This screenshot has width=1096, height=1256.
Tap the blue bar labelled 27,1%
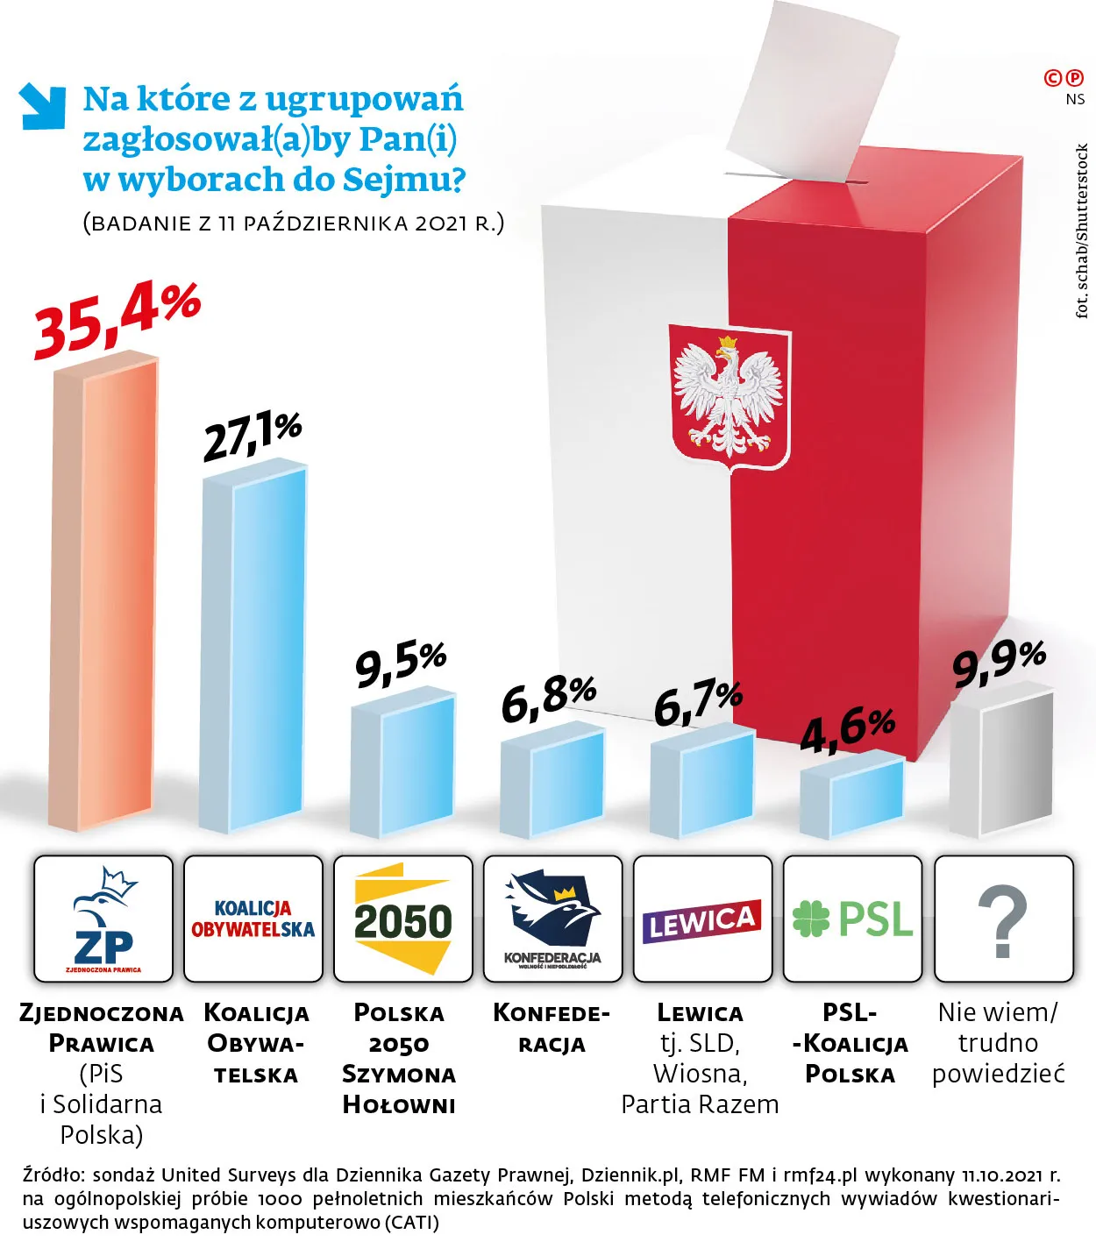pyautogui.click(x=254, y=649)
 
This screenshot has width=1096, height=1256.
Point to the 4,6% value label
pyautogui.click(x=847, y=730)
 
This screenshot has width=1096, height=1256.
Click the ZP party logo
pyautogui.click(x=103, y=919)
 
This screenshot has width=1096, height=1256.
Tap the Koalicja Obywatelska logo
pyautogui.click(x=253, y=919)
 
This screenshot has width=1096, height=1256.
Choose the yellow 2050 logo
pyautogui.click(x=402, y=919)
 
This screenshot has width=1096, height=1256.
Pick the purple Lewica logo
pyautogui.click(x=702, y=920)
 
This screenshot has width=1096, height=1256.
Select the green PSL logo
pyautogui.click(x=852, y=919)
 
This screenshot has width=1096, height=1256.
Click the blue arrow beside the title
pyautogui.click(x=42, y=105)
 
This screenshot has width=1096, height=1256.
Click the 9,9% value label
pyautogui.click(x=999, y=663)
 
